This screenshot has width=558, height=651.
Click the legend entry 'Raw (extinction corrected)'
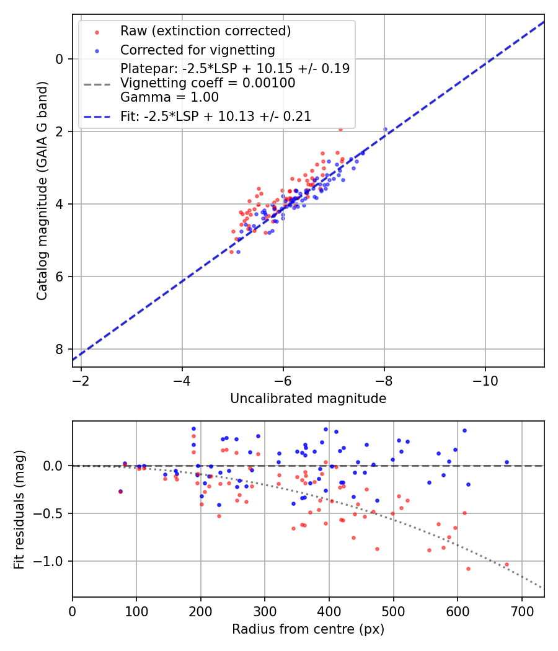coord(205,30)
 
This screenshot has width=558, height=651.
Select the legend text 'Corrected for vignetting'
coord(198,50)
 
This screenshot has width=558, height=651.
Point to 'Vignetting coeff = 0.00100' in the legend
coord(208,83)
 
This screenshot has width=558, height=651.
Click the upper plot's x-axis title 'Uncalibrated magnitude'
coord(308,399)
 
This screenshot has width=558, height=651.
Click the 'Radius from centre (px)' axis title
coord(308,629)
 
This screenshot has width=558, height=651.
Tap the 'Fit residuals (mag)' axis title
coord(19,509)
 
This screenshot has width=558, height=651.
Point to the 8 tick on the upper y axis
coord(60,349)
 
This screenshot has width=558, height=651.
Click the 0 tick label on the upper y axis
coord(60,59)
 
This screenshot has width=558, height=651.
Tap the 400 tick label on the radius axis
coord(329,610)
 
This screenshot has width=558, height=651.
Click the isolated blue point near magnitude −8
coord(385,130)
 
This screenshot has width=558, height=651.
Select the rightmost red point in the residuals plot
coord(507,565)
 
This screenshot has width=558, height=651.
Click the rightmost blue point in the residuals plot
coord(507,462)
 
